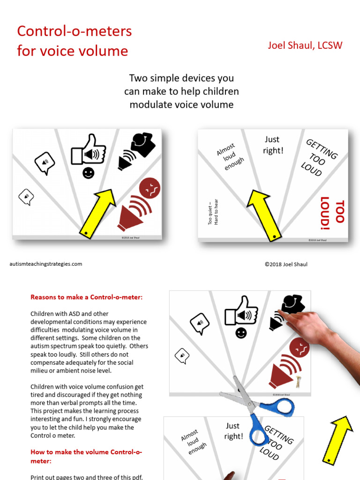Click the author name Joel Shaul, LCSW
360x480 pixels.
click(305, 45)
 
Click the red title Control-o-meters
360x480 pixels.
click(75, 31)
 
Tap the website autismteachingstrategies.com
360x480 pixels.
click(46, 264)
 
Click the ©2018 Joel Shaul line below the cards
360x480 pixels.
click(286, 264)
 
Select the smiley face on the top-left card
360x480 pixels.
click(89, 173)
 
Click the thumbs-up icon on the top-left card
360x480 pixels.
click(88, 150)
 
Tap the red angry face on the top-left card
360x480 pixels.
click(150, 188)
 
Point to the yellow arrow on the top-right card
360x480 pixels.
click(264, 216)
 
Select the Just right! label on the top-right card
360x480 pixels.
click(273, 145)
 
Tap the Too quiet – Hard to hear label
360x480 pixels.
click(213, 212)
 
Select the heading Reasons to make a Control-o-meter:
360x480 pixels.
click(86, 297)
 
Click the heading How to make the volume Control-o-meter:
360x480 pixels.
click(86, 457)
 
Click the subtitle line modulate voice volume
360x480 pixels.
click(181, 105)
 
